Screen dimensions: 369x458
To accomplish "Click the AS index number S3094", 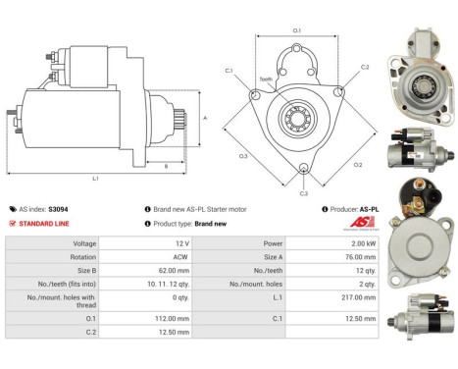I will coord(59,209).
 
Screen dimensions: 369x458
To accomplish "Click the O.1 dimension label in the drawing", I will coord(297,30).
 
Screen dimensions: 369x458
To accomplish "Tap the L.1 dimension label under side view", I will coord(94,178).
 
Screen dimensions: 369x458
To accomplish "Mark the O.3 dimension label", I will coord(242,155).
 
